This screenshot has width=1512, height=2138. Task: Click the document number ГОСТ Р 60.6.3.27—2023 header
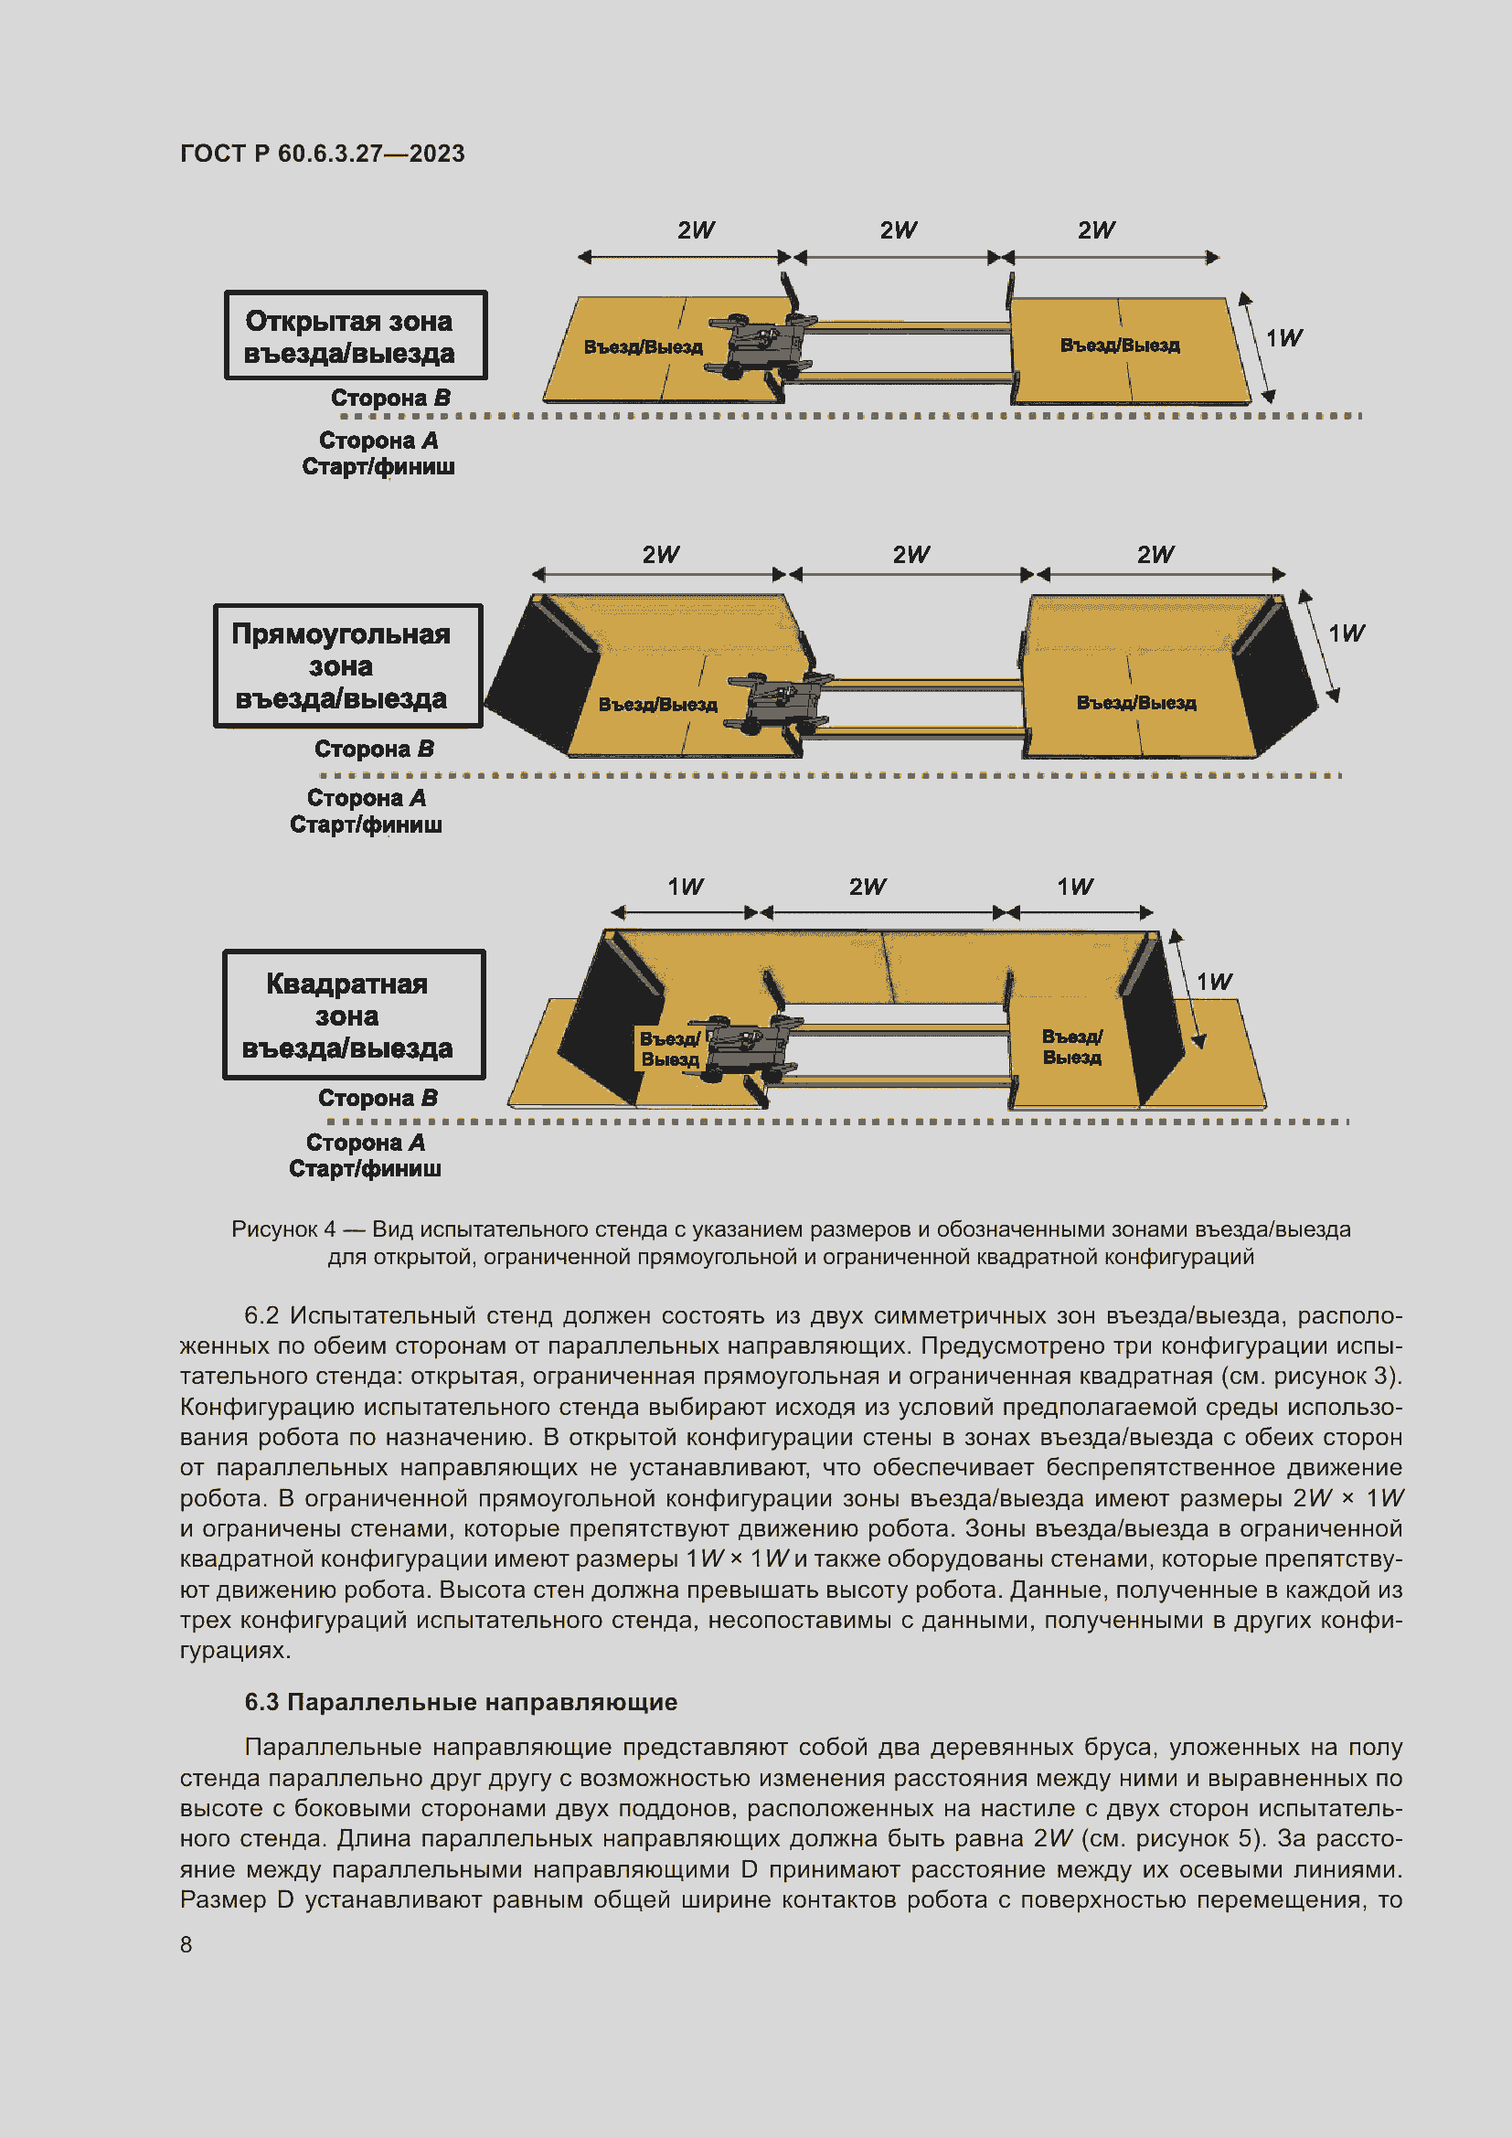coord(322,154)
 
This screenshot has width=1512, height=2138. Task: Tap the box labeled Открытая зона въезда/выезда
coord(355,335)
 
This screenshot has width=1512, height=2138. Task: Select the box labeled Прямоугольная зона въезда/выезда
coord(347,665)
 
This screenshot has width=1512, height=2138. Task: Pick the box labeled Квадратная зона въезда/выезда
coord(354,1015)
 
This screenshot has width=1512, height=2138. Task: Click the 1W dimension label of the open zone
coord(1283,338)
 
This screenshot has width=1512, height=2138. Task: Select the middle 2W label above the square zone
coord(867,887)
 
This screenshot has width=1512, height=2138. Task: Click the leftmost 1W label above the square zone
coord(686,887)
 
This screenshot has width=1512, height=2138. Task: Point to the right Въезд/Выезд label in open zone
coord(1119,346)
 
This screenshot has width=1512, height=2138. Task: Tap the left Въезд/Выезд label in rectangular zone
coord(657,705)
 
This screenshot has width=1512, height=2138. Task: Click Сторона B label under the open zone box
coord(391,398)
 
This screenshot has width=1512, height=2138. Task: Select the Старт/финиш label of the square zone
coord(365,1169)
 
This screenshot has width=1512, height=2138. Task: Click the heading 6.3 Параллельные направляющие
coord(461,1702)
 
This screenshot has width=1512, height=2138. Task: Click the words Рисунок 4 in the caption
coord(283,1229)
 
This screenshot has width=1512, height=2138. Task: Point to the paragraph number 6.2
coord(261,1315)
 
